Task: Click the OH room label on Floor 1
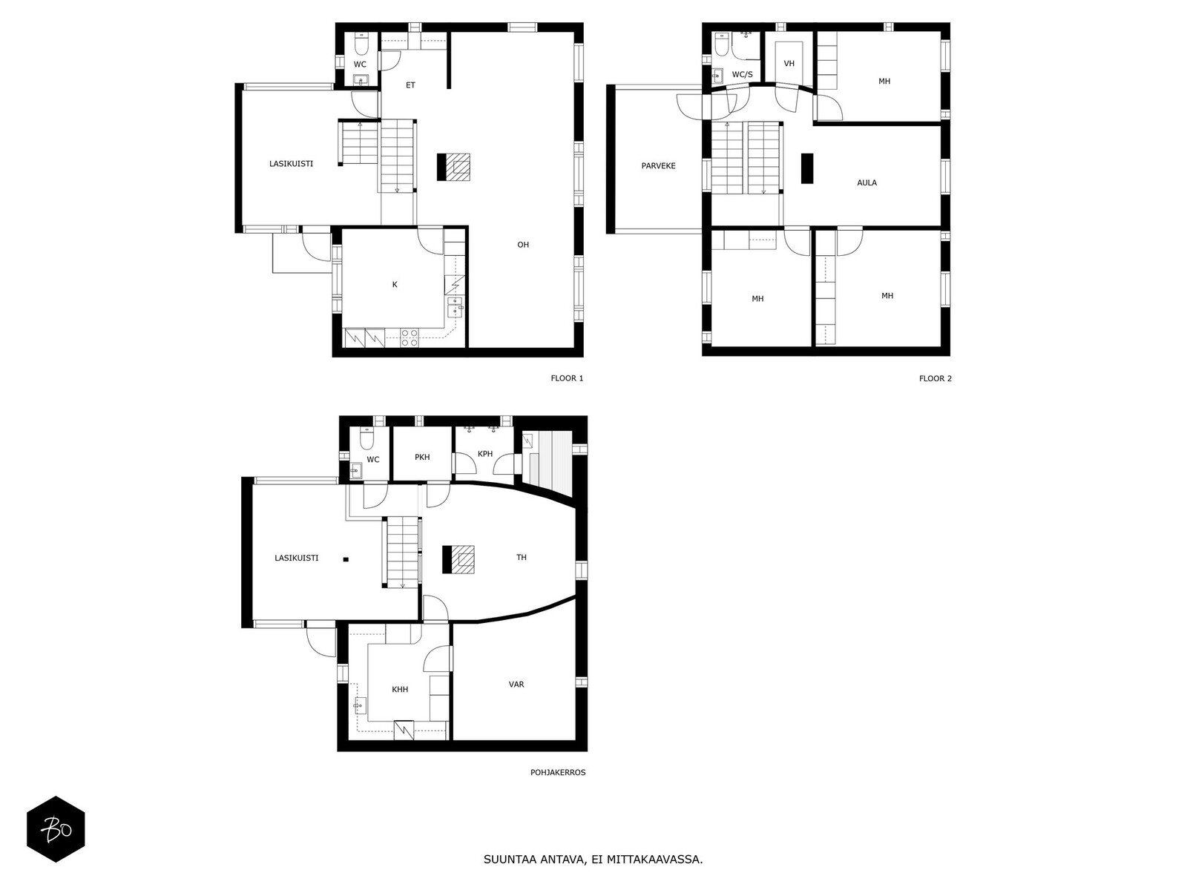(522, 245)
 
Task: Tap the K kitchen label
(395, 285)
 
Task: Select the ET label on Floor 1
(410, 85)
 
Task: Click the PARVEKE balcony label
(658, 166)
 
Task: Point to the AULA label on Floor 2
(867, 182)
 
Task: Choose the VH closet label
(789, 63)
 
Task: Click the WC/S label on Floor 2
(742, 75)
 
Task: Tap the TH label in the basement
(522, 557)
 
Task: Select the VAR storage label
(516, 684)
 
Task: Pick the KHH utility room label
(400, 689)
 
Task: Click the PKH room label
(422, 457)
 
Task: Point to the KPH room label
(485, 454)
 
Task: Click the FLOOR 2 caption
(935, 378)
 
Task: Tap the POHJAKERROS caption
(558, 772)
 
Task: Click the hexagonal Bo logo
(56, 829)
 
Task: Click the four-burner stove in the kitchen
(410, 337)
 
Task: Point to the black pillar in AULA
(807, 168)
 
